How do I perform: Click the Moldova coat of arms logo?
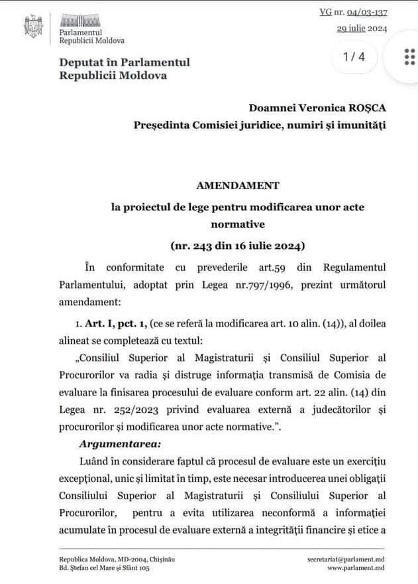32,26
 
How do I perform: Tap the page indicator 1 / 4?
354,57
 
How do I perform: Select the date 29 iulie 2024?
362,29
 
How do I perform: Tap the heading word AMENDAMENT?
238,185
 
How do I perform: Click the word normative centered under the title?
238,224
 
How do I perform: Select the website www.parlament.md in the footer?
356,569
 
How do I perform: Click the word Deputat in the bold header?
81,62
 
